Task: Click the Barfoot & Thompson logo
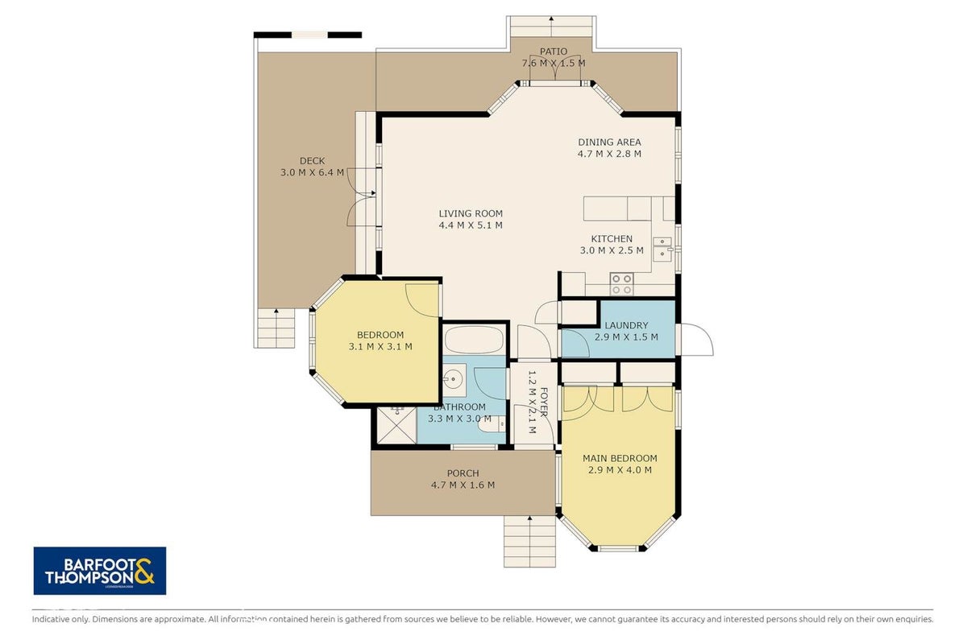[100, 571]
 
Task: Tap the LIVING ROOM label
[471, 213]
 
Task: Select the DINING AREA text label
[609, 142]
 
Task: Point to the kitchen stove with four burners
[621, 284]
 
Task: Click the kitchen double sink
[662, 250]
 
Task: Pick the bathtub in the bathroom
[474, 340]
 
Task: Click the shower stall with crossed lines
[396, 425]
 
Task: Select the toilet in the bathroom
[492, 423]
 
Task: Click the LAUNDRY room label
[626, 325]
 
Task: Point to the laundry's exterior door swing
[695, 340]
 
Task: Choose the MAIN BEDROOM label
[620, 458]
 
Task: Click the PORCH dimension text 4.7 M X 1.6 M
[463, 485]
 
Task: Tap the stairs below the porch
[529, 541]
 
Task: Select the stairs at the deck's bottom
[276, 328]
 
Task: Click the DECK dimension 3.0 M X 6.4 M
[312, 172]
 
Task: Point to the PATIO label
[554, 52]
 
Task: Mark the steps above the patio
[551, 27]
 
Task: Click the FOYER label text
[544, 402]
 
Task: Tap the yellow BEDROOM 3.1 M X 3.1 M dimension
[380, 346]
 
